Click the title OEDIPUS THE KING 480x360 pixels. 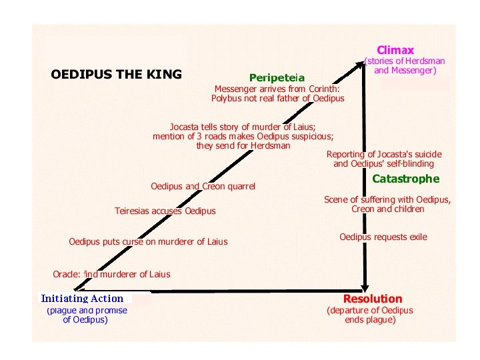(116, 74)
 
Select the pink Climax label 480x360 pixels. (395, 50)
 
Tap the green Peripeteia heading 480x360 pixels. (277, 78)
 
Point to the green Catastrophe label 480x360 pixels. (405, 179)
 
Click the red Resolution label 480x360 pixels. (373, 299)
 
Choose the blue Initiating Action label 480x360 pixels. (82, 299)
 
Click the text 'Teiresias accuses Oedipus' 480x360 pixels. (165, 211)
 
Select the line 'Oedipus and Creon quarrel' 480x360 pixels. (203, 187)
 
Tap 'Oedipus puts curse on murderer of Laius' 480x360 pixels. (148, 241)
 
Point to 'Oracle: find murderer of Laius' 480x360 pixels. (111, 274)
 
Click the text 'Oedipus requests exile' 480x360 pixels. (383, 237)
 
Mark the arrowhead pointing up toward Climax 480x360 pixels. (361, 63)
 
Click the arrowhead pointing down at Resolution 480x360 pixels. (365, 285)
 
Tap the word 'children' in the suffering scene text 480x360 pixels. (409, 209)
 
